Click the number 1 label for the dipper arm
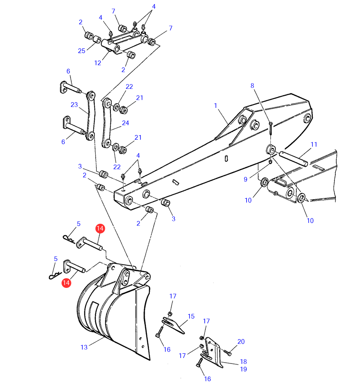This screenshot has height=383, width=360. (x=215, y=106)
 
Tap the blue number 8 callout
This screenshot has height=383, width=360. (x=252, y=86)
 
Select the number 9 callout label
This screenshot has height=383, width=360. (x=245, y=180)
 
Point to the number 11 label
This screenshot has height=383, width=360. (x=314, y=145)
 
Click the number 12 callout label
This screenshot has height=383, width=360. (x=98, y=63)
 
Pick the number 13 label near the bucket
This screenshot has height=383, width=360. (x=84, y=347)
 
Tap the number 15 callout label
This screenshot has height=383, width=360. (x=191, y=316)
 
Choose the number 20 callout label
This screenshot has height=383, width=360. (x=241, y=341)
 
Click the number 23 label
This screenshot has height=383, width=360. (x=74, y=105)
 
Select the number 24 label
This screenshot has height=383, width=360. (x=126, y=123)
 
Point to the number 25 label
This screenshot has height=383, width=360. (x=82, y=51)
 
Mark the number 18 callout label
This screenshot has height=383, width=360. (x=244, y=361)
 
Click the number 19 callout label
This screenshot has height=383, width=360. (x=244, y=369)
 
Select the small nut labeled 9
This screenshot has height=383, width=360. (x=270, y=162)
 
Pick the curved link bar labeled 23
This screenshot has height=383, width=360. (x=90, y=116)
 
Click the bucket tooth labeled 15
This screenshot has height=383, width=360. (x=173, y=325)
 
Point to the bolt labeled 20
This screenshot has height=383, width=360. (x=228, y=352)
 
